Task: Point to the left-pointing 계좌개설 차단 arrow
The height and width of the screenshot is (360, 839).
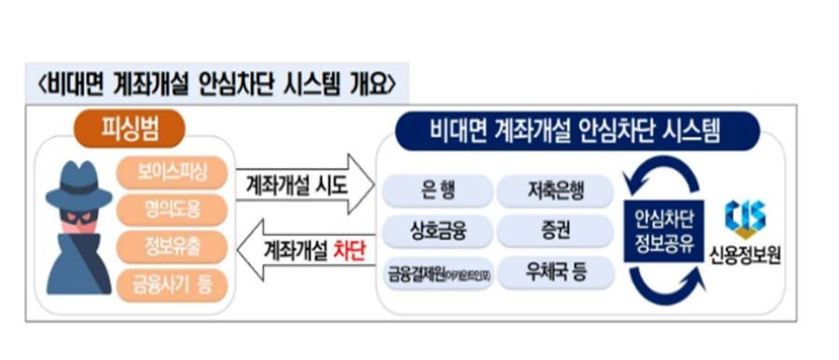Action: pyautogui.click(x=299, y=250)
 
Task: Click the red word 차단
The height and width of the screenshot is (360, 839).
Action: pyautogui.click(x=349, y=250)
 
